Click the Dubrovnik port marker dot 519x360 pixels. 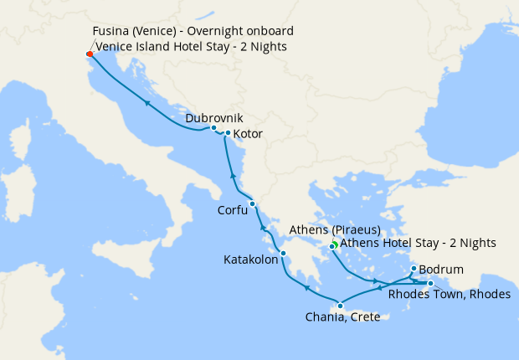coord(214,128)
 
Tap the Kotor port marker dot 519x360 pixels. coord(228,132)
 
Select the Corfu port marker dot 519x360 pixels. coord(252,203)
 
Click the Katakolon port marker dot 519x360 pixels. coord(284,254)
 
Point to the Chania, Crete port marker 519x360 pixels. coord(340,306)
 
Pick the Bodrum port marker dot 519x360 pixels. coord(414,269)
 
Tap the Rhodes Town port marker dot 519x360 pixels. coord(430,284)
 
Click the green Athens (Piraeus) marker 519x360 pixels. coord(333,244)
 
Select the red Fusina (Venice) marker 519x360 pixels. coord(90,54)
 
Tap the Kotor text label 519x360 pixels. coord(249,134)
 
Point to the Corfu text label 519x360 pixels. coord(232,211)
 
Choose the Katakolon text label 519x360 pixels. coord(250,260)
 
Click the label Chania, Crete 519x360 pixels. coord(344,316)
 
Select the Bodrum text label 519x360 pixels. coord(439,271)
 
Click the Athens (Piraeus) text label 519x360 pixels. coord(335,229)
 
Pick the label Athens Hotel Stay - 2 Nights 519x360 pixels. coord(419,244)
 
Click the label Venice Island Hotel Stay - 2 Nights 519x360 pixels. coord(192,47)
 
